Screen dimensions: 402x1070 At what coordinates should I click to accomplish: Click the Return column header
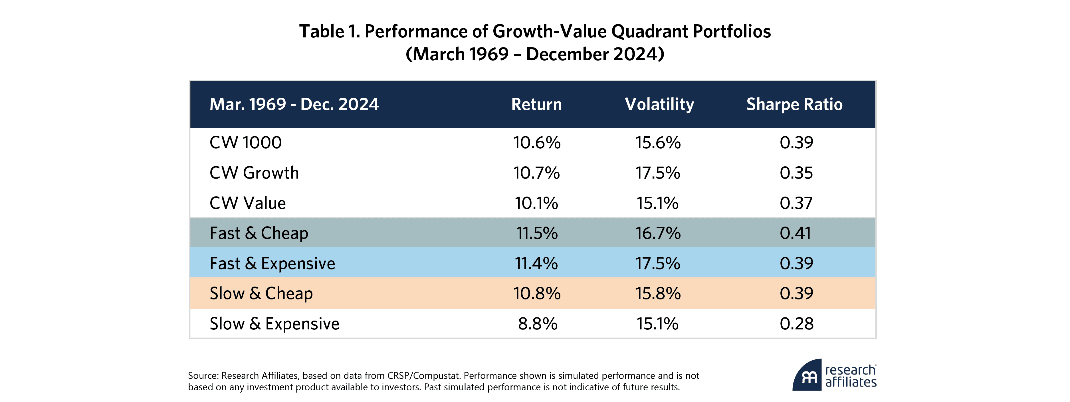536,104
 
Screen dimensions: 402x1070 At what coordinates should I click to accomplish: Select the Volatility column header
659,104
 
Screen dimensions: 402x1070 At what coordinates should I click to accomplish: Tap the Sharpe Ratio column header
794,104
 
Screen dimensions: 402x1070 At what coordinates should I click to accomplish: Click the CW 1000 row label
245,143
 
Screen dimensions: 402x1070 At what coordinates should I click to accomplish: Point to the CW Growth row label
254,173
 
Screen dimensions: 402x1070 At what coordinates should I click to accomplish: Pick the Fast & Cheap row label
259,233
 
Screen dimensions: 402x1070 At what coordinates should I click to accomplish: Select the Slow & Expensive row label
274,324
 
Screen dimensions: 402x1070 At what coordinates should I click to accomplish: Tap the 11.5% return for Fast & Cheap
537,233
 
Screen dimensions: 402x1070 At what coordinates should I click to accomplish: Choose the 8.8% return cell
538,324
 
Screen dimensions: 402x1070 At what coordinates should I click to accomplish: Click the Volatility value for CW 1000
658,143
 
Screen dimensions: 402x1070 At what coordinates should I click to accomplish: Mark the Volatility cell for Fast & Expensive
658,263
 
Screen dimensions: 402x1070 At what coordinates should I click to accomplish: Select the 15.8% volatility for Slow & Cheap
658,293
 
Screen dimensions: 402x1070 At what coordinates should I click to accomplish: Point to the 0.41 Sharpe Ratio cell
796,233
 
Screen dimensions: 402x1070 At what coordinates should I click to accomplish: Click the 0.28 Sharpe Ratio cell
796,324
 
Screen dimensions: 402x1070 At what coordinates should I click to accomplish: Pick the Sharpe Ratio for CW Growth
796,173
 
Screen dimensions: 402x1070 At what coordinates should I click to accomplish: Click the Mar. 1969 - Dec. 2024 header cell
294,104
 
